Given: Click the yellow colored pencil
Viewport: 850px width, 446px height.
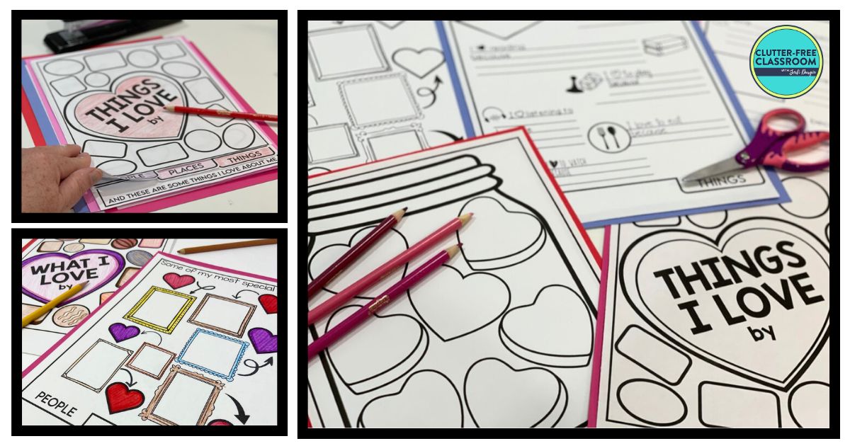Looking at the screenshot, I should (53, 304).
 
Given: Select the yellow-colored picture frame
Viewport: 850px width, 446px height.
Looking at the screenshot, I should (159, 309).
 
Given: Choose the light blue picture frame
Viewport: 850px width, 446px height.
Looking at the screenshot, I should (212, 353).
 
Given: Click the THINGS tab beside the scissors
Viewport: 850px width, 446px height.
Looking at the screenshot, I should (722, 183).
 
